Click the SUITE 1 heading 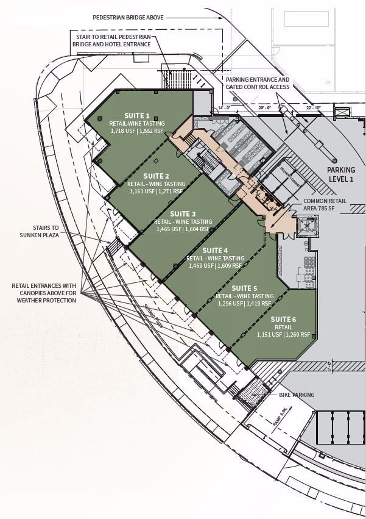point(137,115)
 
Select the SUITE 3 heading point(183,214)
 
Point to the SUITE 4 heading point(215,251)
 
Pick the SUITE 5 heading point(244,288)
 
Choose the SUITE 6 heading point(283,319)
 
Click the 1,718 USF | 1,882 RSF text point(137,131)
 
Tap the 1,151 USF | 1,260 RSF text point(283,334)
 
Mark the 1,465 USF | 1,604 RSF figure point(183,229)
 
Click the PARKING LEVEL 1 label point(340,174)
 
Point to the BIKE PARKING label point(297,395)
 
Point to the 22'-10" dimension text point(313,108)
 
